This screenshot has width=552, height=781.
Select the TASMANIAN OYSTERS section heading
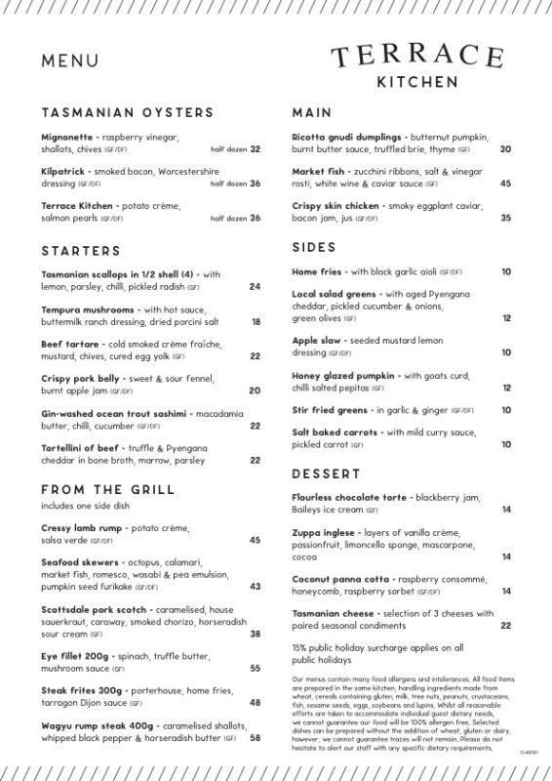127,113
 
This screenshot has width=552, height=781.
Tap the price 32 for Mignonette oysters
256,149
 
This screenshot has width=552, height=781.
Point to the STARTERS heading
81,251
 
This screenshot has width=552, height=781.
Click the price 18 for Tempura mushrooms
256,321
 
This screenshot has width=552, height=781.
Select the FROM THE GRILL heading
108,489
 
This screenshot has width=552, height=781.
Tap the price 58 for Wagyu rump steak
256,738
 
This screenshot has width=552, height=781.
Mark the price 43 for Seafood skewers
256,587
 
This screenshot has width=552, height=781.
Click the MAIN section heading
312,113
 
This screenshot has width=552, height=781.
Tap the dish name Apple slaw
315,341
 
